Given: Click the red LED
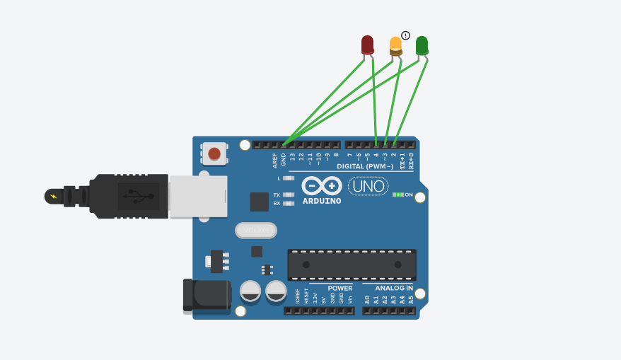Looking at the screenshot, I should click(x=367, y=45).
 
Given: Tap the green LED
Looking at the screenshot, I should click(x=422, y=45).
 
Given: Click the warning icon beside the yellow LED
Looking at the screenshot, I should click(x=406, y=35).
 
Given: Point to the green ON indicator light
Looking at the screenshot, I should click(x=399, y=194).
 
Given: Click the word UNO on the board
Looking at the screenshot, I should click(x=368, y=187).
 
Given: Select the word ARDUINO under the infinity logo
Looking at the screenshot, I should click(x=322, y=201).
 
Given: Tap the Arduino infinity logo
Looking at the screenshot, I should click(x=323, y=186).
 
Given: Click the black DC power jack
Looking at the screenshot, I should click(x=207, y=295).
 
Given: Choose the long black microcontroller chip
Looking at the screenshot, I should click(x=352, y=265).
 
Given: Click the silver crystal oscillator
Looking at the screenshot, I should click(x=255, y=231).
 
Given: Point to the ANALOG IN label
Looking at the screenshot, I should click(x=394, y=288).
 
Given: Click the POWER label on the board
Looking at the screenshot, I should click(x=340, y=288).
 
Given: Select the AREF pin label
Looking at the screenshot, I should click(x=275, y=160).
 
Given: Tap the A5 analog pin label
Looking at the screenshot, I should click(x=411, y=300).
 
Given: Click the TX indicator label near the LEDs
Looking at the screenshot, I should click(x=277, y=194).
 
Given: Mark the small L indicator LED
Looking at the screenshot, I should click(x=289, y=178).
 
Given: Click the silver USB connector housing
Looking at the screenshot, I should click(x=198, y=196).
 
